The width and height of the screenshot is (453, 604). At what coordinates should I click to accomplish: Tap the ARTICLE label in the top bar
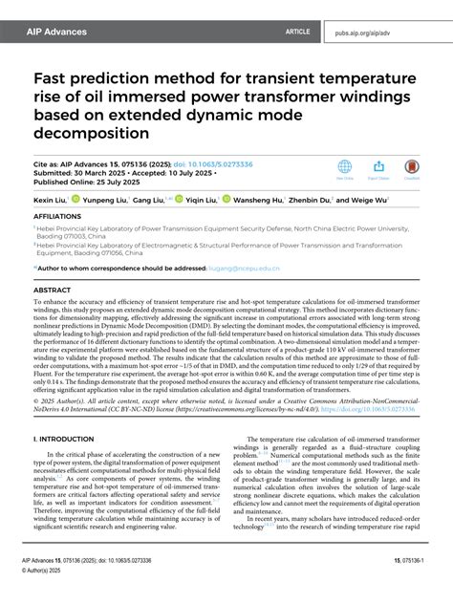click(x=297, y=32)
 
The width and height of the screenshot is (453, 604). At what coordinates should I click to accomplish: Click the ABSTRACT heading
click(x=52, y=288)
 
